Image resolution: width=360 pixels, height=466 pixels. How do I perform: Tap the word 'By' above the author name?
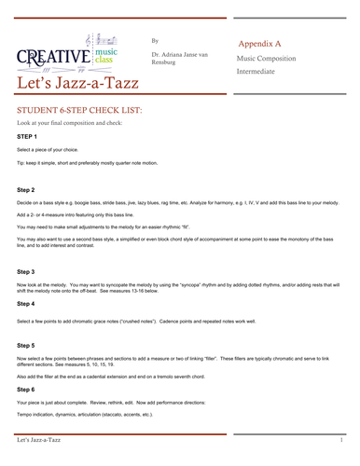(155, 41)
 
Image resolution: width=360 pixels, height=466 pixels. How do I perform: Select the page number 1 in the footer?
(341, 438)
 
